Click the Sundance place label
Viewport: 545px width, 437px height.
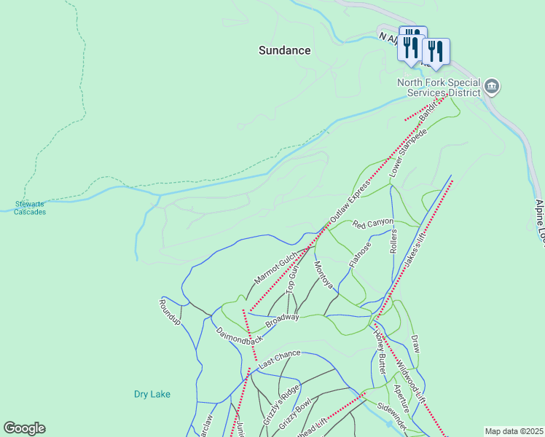click(x=285, y=50)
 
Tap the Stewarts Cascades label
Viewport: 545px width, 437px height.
click(x=30, y=208)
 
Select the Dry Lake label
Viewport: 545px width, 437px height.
click(x=152, y=394)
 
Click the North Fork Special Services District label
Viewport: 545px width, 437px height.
click(x=439, y=87)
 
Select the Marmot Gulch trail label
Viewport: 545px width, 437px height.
click(x=275, y=264)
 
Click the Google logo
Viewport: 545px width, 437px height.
click(x=24, y=428)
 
